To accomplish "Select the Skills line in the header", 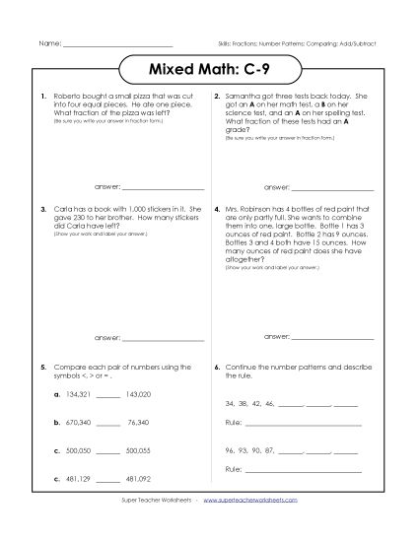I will click(297, 46).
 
